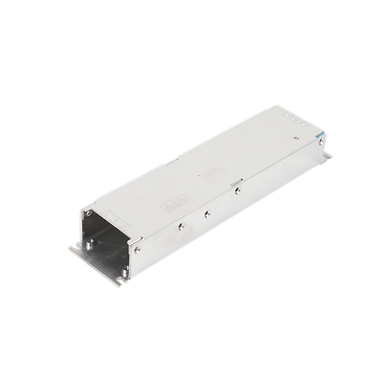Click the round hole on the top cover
pos(293,137)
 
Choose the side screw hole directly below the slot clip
pos(237,191)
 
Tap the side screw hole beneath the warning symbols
pos(179,226)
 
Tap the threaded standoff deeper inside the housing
pos(89,242)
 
